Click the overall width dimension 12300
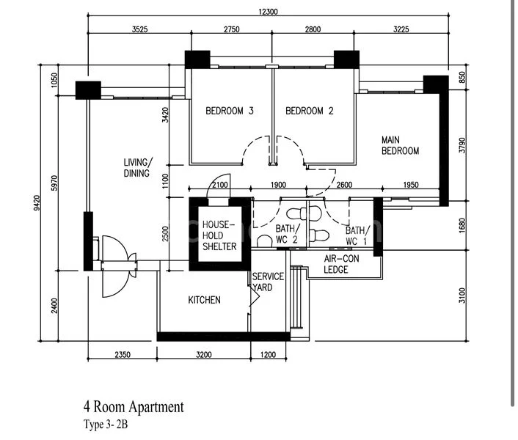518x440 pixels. [x=268, y=12]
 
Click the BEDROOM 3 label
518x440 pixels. [x=229, y=111]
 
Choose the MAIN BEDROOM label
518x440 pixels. [x=400, y=145]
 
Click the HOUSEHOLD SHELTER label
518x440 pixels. [x=219, y=235]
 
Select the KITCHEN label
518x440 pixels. [x=204, y=300]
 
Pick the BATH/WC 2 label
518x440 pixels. [x=286, y=234]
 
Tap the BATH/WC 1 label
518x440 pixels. [x=356, y=235]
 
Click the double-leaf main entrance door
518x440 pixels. [x=116, y=254]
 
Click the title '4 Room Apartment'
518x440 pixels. [x=134, y=406]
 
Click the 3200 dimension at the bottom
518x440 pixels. [x=203, y=355]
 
